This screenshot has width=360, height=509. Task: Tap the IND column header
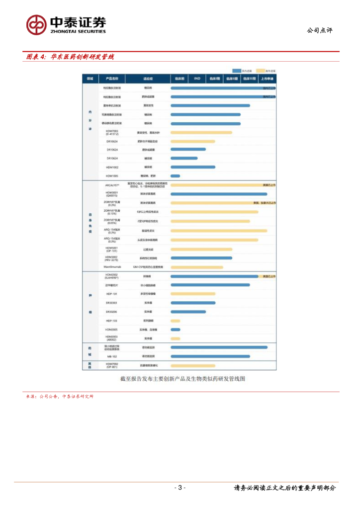pos(197,79)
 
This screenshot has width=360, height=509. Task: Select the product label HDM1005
pos(112,176)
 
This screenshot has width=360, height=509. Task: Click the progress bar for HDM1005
pos(175,176)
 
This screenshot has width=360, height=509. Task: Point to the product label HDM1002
pos(112,167)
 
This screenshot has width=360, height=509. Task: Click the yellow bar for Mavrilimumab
pos(196,267)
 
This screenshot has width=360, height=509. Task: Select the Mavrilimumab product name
pos(112,267)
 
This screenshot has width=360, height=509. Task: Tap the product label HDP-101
pos(112,294)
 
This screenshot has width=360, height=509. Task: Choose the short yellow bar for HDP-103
pos(175,321)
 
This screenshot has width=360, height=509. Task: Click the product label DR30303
pos(112,303)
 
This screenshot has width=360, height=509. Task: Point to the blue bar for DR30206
pos(188,312)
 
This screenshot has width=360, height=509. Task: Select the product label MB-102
pos(112,356)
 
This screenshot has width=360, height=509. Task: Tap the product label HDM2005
pos(112,330)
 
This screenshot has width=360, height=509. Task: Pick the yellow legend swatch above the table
pos(260,71)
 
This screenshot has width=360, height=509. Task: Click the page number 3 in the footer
pos(180,488)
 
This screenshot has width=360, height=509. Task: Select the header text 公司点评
pos(319,30)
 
